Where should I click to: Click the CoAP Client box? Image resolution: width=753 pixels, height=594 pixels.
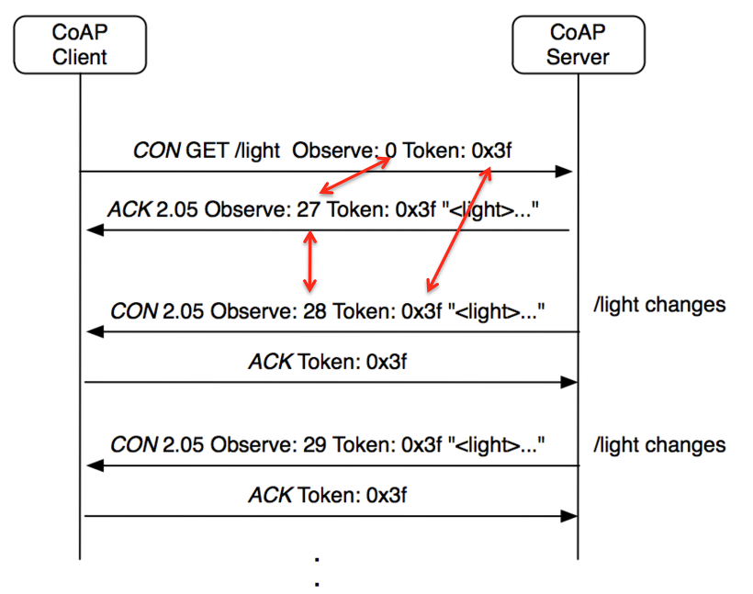pyautogui.click(x=80, y=45)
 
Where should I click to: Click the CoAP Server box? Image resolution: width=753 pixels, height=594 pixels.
pyautogui.click(x=578, y=45)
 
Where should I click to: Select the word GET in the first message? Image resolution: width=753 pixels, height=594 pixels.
pyautogui.click(x=208, y=151)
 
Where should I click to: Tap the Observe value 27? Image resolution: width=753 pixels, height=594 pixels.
pyautogui.click(x=308, y=209)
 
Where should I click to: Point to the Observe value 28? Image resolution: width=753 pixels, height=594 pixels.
pyautogui.click(x=314, y=311)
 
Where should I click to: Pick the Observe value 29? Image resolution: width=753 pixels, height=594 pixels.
pyautogui.click(x=314, y=444)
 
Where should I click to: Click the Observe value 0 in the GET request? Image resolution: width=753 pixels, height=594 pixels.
pyautogui.click(x=391, y=151)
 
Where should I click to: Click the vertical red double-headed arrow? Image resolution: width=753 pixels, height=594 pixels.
pyautogui.click(x=310, y=260)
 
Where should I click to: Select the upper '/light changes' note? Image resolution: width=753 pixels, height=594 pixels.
pyautogui.click(x=659, y=304)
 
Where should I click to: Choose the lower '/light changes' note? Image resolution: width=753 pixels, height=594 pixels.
pyautogui.click(x=659, y=445)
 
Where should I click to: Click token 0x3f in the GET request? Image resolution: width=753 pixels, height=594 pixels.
pyautogui.click(x=491, y=151)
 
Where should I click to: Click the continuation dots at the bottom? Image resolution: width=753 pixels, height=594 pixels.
pyautogui.click(x=317, y=569)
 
